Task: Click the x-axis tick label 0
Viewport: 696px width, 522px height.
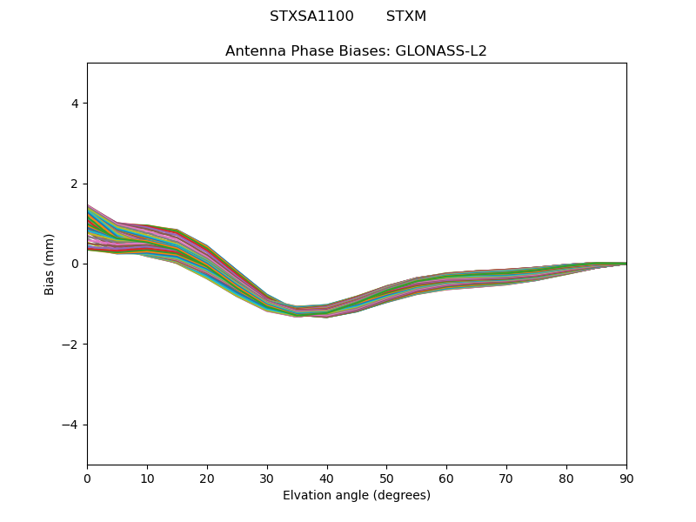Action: point(87,478)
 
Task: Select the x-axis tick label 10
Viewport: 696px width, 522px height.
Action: point(147,478)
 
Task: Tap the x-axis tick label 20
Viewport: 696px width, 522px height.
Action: point(207,478)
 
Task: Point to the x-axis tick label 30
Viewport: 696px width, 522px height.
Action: point(267,478)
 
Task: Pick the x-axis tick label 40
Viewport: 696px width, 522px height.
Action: point(327,478)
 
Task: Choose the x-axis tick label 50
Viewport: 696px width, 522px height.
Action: point(386,478)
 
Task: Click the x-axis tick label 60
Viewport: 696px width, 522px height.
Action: point(446,478)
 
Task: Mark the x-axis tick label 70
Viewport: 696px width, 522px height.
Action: point(506,478)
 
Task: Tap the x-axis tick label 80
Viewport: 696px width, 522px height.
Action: point(566,478)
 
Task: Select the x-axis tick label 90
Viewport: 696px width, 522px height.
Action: point(626,478)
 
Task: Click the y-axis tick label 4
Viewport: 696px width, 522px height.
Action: point(75,103)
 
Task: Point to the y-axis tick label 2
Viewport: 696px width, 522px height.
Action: point(75,184)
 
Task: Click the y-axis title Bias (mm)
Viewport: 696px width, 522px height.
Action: point(50,264)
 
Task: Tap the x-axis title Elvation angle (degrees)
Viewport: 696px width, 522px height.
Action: point(357,495)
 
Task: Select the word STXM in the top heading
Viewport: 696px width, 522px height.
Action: point(406,17)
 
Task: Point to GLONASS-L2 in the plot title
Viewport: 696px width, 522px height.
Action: point(441,50)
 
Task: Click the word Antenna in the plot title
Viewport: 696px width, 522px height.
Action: point(253,50)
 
